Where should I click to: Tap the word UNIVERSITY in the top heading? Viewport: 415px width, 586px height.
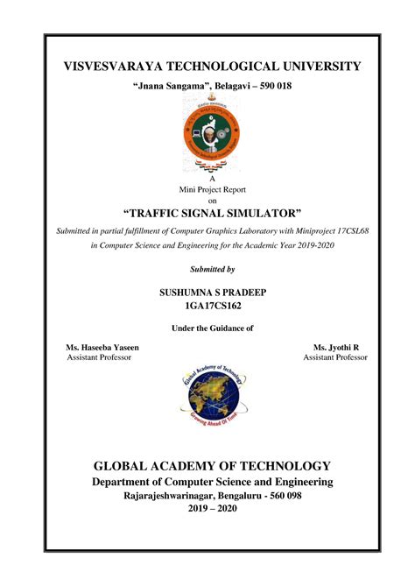pos(313,67)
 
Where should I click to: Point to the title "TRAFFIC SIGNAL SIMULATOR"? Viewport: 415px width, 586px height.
pos(211,213)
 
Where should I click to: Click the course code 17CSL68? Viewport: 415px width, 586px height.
pos(339,230)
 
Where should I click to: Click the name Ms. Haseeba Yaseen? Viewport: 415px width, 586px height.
pos(96,348)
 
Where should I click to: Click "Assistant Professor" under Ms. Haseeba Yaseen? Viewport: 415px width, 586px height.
pos(100,358)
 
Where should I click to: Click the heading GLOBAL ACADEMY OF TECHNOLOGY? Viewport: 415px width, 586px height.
pos(213,466)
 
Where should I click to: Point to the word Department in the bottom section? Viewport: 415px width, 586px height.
pos(130,483)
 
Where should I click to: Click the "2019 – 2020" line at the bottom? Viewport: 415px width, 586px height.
pos(212,508)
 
